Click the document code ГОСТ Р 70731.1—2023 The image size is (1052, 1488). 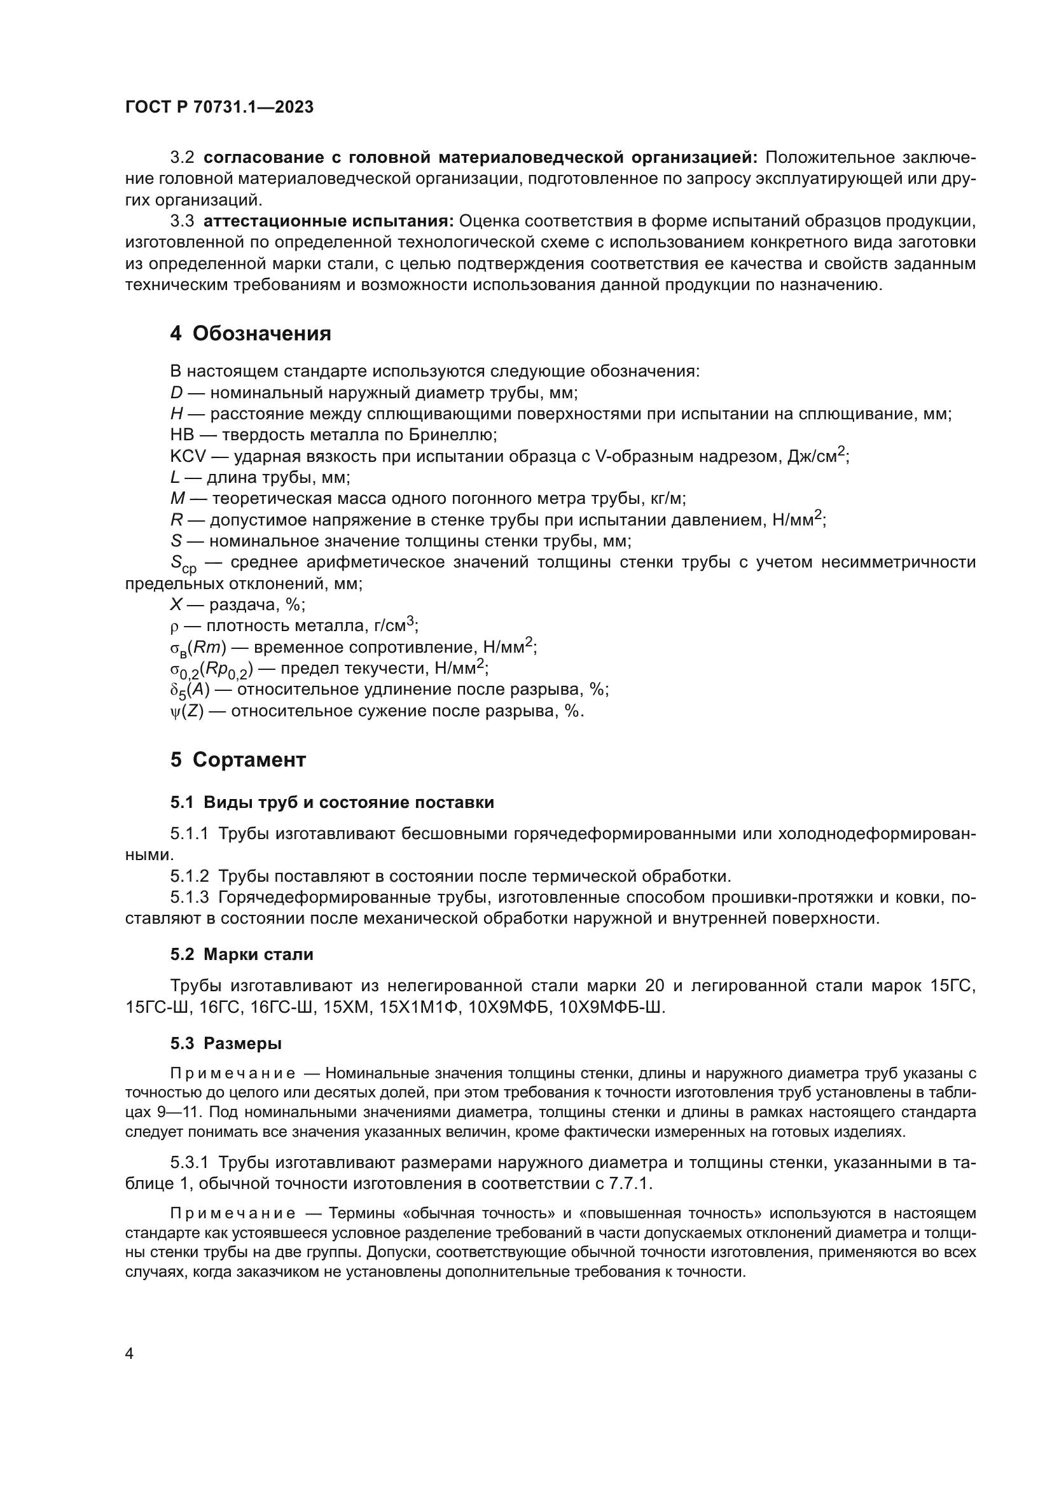(x=219, y=108)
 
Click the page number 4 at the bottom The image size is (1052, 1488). (x=130, y=1353)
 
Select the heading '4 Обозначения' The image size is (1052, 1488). (x=251, y=334)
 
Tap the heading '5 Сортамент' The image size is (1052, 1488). (x=238, y=760)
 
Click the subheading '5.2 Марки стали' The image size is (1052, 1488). (x=242, y=954)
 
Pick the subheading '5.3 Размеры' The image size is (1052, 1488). (x=226, y=1043)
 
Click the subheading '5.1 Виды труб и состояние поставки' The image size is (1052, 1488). (x=331, y=802)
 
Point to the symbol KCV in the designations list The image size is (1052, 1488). (x=187, y=457)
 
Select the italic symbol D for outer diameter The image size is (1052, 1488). (x=176, y=393)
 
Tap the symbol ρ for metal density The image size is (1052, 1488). (x=174, y=627)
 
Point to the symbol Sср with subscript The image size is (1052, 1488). (x=183, y=564)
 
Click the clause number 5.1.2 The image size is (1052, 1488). (x=189, y=877)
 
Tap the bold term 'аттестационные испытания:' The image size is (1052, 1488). (x=328, y=221)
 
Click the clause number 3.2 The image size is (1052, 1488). (x=182, y=158)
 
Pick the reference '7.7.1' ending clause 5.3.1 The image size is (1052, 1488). (x=630, y=1183)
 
